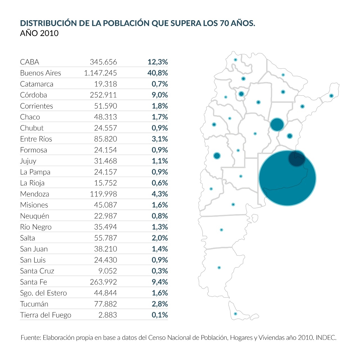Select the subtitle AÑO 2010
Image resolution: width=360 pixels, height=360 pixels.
click(x=39, y=33)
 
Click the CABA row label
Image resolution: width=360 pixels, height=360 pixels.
click(x=30, y=62)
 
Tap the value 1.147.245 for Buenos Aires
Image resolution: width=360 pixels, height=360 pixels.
click(x=100, y=73)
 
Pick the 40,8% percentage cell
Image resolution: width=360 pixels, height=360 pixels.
click(x=157, y=73)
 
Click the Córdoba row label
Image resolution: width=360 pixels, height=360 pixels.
click(x=33, y=95)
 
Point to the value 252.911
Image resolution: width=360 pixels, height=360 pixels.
click(x=103, y=95)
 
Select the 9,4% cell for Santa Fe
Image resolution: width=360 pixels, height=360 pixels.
click(x=160, y=282)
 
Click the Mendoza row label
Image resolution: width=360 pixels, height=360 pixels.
click(x=35, y=194)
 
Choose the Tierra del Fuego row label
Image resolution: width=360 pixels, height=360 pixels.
click(x=46, y=315)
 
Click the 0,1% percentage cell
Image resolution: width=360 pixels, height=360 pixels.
click(x=160, y=315)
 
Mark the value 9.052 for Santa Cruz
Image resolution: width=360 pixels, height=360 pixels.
click(x=107, y=271)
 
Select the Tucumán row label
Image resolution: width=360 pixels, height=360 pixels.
click(x=34, y=304)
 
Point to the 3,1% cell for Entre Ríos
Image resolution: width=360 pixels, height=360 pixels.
click(x=160, y=139)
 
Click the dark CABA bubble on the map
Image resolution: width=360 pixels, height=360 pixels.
click(x=296, y=158)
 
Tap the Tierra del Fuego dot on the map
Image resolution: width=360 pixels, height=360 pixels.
click(x=235, y=314)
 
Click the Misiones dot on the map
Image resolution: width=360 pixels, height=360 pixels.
click(x=331, y=96)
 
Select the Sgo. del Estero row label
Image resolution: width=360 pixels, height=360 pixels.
click(x=43, y=293)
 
